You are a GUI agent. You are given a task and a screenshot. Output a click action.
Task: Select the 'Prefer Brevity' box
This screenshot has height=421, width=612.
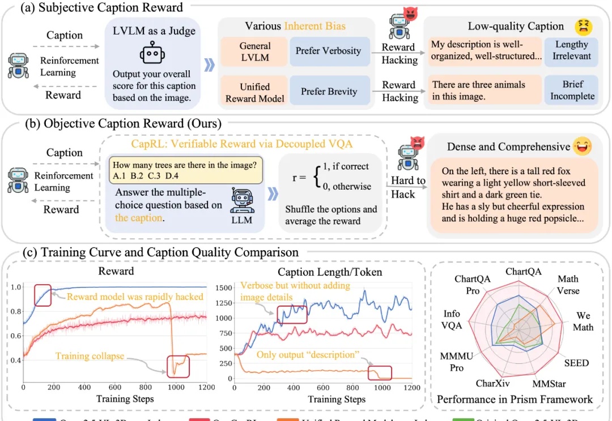[x=329, y=92]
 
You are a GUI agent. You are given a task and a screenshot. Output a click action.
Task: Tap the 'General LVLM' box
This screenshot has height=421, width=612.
[x=254, y=51]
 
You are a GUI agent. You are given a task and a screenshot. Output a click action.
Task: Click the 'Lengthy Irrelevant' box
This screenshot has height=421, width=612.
[x=572, y=50]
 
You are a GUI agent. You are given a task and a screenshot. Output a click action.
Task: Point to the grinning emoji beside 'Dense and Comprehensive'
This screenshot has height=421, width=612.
[x=581, y=147]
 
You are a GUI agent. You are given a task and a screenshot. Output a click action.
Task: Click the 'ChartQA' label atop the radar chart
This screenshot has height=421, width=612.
[x=523, y=272]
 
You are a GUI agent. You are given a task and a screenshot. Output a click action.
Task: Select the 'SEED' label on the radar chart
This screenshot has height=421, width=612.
[x=576, y=363]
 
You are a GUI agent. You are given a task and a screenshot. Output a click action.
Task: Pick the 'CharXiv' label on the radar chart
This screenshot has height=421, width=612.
[x=492, y=384]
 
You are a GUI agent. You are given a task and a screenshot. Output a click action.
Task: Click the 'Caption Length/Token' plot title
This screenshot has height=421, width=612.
[x=330, y=272]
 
